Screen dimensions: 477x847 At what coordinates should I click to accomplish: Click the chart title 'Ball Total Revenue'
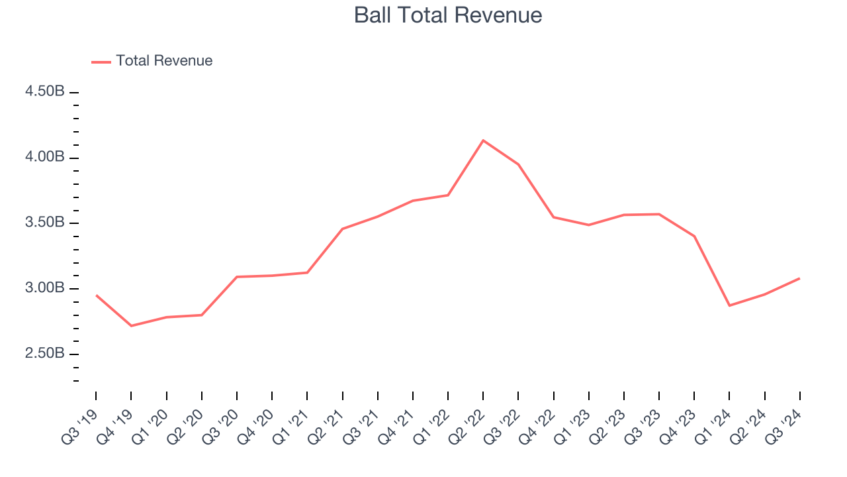448,15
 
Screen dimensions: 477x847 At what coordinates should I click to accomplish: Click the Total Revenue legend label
164,61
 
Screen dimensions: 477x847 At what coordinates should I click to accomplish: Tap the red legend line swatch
101,62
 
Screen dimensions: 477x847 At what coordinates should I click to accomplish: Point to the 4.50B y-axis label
45,91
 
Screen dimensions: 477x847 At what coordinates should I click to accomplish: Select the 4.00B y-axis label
45,157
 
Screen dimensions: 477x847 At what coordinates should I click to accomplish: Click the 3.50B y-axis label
45,222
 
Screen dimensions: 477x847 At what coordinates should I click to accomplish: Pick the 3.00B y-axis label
45,288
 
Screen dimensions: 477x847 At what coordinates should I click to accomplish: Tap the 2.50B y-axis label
45,353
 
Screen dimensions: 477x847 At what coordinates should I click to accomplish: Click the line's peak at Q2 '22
483,140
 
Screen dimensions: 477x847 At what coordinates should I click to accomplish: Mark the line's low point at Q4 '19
131,326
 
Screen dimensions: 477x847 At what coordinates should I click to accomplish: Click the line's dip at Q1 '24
729,305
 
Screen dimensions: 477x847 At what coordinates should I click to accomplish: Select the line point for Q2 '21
342,229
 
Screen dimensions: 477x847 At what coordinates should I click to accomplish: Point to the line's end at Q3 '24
799,278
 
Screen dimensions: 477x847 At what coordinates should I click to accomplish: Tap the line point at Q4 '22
553,217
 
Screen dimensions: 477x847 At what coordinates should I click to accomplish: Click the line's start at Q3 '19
96,295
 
